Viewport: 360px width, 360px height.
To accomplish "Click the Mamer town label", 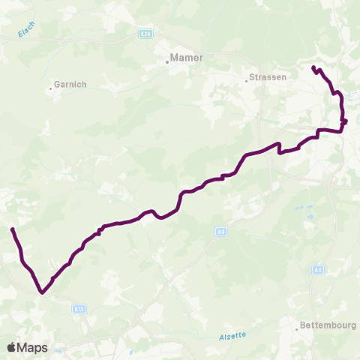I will click(187, 57).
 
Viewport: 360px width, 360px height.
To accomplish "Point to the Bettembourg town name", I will click(328, 325).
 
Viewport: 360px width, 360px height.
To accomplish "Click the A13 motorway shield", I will click(79, 308).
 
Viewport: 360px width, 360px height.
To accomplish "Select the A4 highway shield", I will click(220, 231).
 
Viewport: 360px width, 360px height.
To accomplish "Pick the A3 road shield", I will click(318, 269).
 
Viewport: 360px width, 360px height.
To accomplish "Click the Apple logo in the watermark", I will click(12, 347).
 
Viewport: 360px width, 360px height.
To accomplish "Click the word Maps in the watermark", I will click(32, 347).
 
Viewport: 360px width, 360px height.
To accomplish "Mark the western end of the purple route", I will click(12, 229).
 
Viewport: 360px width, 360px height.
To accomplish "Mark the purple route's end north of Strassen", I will click(313, 68).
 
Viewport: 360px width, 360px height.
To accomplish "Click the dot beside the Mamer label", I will click(167, 62).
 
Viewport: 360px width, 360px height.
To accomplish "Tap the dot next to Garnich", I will click(51, 88).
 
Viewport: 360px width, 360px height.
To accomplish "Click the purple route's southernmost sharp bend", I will click(43, 293).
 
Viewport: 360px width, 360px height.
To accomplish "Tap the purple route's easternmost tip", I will click(346, 121).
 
